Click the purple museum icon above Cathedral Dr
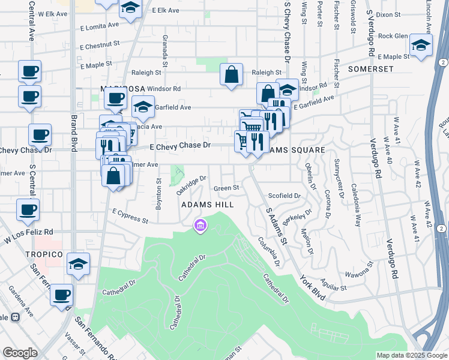pos(200,226)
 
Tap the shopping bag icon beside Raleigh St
pos(231,75)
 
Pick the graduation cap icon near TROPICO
pos(79,264)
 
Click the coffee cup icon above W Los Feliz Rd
pos(28,211)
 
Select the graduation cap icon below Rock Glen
pos(421,45)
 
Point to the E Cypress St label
pos(130,216)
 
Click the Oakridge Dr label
pos(191,185)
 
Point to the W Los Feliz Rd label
pos(29,235)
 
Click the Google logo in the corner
pos(20,353)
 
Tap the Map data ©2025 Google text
pos(411,355)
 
